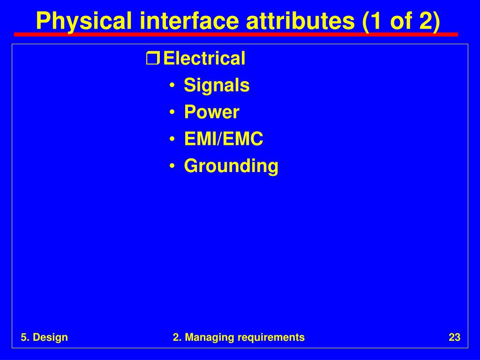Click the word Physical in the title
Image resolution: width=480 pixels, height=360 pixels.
tap(84, 21)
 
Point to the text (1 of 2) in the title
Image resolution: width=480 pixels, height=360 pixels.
tap(401, 21)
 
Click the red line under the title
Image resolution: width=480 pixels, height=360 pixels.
tap(236, 35)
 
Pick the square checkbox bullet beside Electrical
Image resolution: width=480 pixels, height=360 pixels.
tap(153, 59)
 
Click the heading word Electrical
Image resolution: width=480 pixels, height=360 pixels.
tap(204, 58)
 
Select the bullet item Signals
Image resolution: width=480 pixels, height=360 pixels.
tap(217, 85)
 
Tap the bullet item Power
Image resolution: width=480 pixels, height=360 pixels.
tap(211, 112)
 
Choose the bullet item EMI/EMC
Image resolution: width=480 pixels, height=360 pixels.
tap(224, 139)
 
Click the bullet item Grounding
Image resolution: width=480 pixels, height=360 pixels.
tap(231, 166)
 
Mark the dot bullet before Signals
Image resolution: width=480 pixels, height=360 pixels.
tap(172, 85)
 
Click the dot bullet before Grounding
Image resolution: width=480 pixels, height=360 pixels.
tap(172, 166)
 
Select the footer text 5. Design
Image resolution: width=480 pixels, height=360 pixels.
tap(45, 337)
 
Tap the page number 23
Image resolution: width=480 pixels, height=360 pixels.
tap(455, 337)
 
